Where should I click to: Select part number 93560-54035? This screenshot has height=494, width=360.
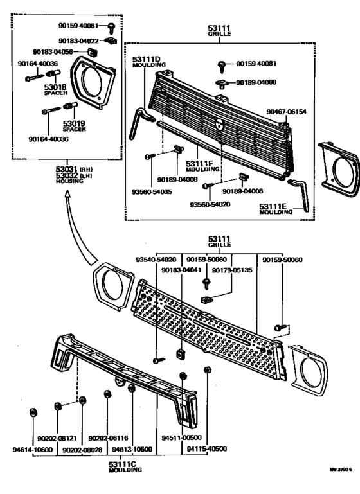click(x=155, y=191)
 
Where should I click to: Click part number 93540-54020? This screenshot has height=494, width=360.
click(x=157, y=260)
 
